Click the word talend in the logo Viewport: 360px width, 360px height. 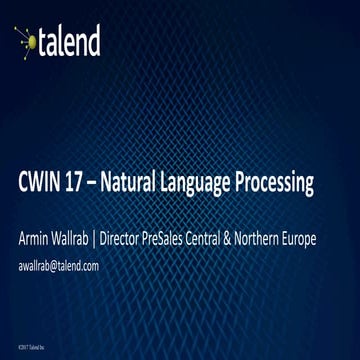(x=70, y=41)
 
